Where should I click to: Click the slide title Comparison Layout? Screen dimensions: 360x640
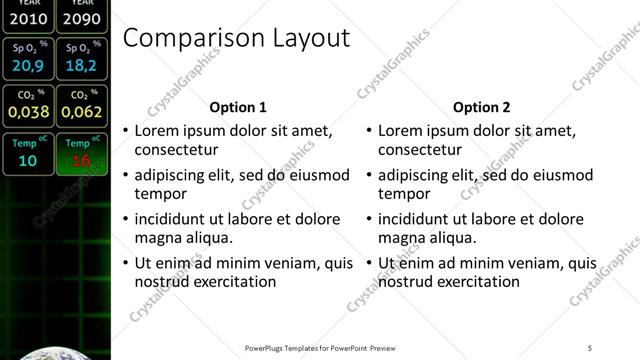tap(235, 39)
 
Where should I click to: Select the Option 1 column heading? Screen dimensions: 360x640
tap(238, 107)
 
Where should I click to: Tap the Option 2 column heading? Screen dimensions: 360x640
tap(481, 107)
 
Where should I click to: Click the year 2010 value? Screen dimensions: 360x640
tap(28, 18)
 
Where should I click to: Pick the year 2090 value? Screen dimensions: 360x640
tap(81, 18)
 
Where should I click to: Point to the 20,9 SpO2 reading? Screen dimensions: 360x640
tap(28, 66)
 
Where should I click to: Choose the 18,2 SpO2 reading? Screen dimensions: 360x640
tap(81, 66)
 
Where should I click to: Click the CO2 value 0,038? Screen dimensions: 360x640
tap(28, 112)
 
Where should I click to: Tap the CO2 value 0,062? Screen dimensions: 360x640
tap(81, 112)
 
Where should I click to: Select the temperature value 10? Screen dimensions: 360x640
tap(28, 160)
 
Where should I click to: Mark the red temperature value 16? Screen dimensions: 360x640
tap(81, 160)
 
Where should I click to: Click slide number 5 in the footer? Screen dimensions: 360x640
tap(590, 348)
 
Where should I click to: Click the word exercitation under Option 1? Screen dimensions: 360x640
tap(235, 281)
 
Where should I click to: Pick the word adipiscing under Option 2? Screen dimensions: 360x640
tap(415, 174)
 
